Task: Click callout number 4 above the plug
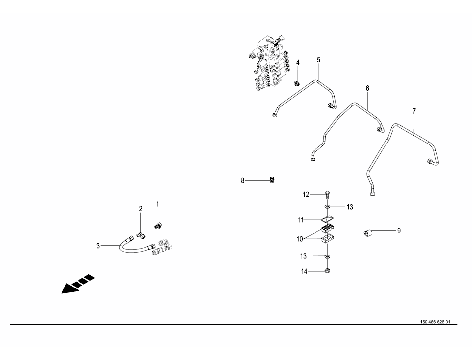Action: (x=298, y=62)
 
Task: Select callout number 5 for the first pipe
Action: (x=319, y=60)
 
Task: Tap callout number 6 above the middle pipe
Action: (x=367, y=88)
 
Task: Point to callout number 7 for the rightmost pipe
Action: (x=414, y=111)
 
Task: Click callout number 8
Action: (x=243, y=181)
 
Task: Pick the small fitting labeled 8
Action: (x=272, y=180)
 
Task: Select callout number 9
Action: (x=399, y=231)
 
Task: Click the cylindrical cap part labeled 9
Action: (x=368, y=233)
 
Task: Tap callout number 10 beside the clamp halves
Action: (x=300, y=239)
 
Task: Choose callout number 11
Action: (x=301, y=220)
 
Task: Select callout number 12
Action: (x=306, y=195)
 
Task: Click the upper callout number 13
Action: (x=350, y=207)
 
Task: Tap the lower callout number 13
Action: (x=303, y=256)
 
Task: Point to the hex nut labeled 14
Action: (x=328, y=271)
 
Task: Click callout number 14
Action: (x=305, y=271)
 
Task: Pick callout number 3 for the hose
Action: (x=98, y=246)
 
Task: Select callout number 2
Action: (x=140, y=209)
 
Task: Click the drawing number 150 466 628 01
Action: (x=435, y=322)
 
